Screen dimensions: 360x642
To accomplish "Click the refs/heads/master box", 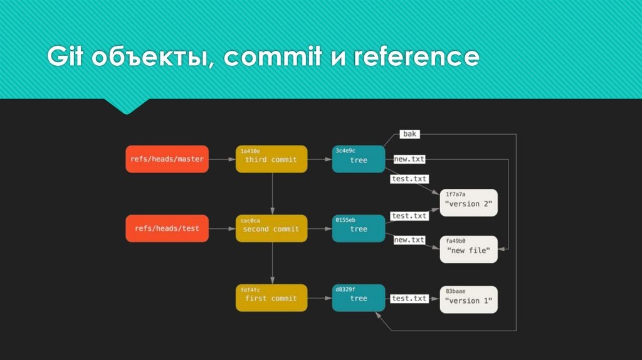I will tap(167, 159).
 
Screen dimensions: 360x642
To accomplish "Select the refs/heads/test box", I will tap(167, 228).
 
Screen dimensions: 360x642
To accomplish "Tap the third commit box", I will tap(271, 159).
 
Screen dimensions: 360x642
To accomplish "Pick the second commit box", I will tap(271, 228).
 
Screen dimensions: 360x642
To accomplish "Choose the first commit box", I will tap(271, 298).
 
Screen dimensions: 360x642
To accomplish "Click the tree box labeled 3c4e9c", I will tap(359, 159).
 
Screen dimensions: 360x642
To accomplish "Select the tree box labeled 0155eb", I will tap(359, 228).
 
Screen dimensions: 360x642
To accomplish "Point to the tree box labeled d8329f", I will tap(359, 298).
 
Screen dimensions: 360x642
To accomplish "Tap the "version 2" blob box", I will tap(468, 203).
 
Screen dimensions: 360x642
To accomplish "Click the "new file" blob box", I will tap(468, 249).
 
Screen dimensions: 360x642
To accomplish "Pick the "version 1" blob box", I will tap(468, 300).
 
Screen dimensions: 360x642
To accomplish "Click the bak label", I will tap(409, 134).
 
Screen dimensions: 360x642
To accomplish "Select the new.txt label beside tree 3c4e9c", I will tap(409, 159).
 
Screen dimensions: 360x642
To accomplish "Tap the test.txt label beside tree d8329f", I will tap(409, 299).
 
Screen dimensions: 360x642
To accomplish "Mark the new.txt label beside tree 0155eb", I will tap(409, 240).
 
